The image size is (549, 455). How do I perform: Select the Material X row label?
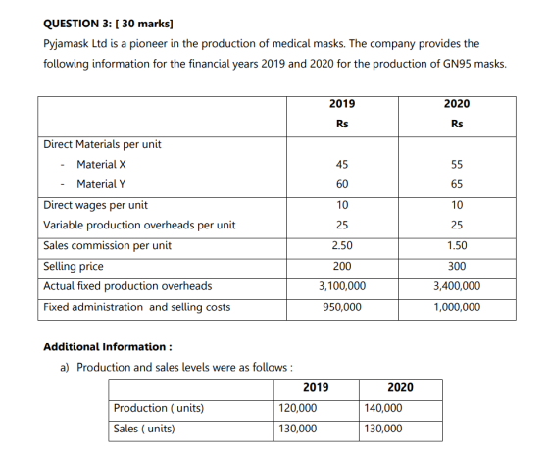(x=101, y=164)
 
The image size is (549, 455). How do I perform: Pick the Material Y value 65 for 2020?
(x=457, y=184)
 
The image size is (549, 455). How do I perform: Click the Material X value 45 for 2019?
(x=342, y=164)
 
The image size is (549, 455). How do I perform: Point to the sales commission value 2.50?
(x=342, y=245)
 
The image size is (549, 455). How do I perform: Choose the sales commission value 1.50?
(x=457, y=245)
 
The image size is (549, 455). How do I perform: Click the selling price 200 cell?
(x=342, y=266)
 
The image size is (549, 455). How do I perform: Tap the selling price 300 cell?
(x=457, y=266)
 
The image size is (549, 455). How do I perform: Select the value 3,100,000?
(x=342, y=286)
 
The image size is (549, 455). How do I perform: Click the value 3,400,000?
(x=457, y=286)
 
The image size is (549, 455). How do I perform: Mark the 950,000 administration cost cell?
(x=342, y=307)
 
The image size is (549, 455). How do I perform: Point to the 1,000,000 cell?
(x=457, y=307)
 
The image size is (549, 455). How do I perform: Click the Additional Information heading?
(x=108, y=347)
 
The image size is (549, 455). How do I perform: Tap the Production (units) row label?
(x=159, y=408)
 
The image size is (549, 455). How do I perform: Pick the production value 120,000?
(x=298, y=408)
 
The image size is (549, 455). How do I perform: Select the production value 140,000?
(x=383, y=408)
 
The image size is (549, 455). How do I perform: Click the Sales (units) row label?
(x=144, y=429)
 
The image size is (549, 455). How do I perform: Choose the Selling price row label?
(x=74, y=266)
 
